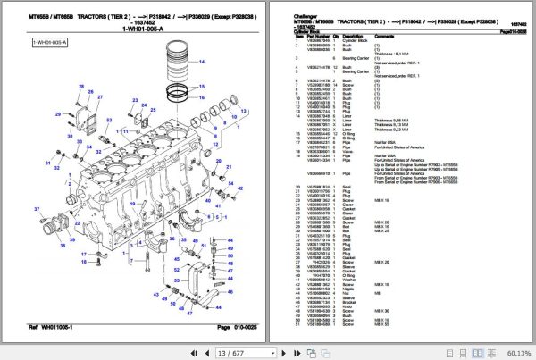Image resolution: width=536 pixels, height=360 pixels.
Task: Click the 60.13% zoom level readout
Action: tap(514, 352)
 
